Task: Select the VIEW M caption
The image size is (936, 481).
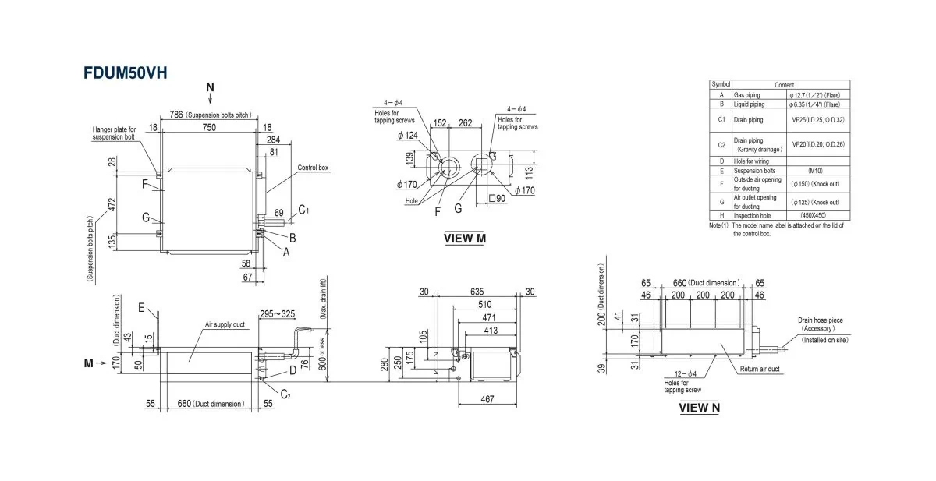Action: (x=464, y=238)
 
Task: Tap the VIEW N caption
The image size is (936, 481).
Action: (x=699, y=406)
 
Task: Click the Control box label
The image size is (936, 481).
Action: (x=313, y=167)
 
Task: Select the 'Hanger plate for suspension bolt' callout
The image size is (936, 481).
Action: (x=114, y=133)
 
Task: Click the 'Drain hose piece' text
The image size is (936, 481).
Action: (x=820, y=320)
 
